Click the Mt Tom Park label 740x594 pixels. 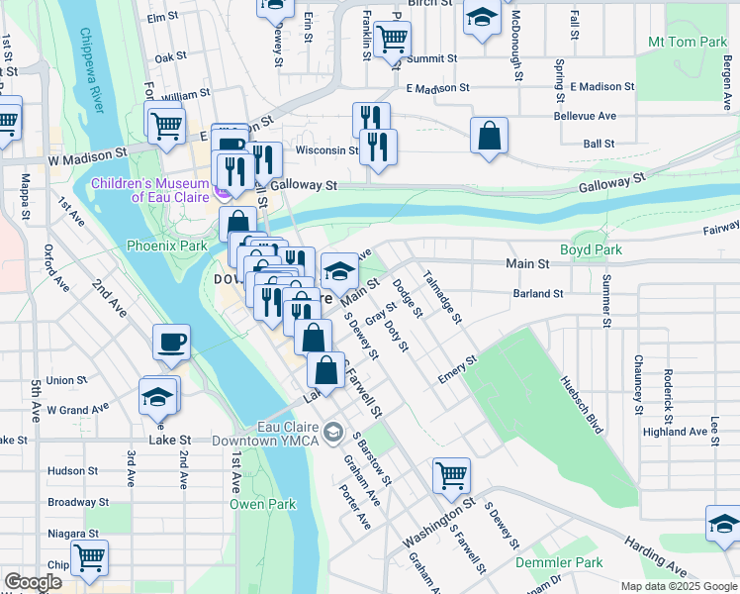[x=687, y=43]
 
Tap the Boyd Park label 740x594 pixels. [x=591, y=249]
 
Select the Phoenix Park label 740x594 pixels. [x=167, y=246]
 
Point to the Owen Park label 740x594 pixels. [x=262, y=504]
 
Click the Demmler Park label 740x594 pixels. [x=558, y=562]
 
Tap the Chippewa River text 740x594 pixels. [x=91, y=80]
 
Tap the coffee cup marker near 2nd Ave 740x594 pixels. [x=171, y=343]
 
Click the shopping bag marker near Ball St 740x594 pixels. [x=489, y=136]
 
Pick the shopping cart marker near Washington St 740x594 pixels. [x=451, y=474]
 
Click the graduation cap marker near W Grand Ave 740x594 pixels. [x=158, y=396]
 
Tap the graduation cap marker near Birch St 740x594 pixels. [x=482, y=18]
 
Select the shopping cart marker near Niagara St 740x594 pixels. [x=90, y=558]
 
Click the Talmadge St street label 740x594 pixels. [x=442, y=296]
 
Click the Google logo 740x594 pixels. [x=33, y=582]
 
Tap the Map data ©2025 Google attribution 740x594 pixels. [x=678, y=586]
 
